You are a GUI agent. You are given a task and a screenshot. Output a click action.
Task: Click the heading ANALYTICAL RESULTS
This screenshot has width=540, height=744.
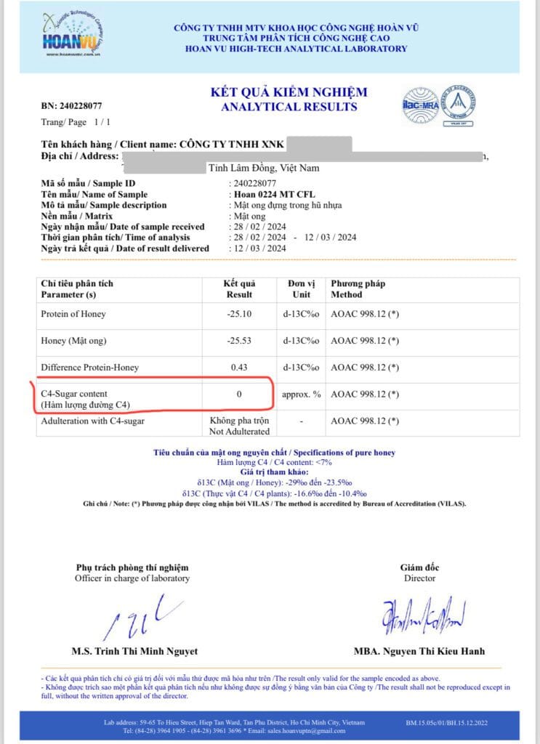tap(289, 107)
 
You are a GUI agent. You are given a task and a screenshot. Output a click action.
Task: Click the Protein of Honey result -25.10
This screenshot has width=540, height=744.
tap(239, 314)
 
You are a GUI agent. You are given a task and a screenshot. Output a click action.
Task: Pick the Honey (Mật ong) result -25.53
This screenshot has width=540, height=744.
tap(239, 341)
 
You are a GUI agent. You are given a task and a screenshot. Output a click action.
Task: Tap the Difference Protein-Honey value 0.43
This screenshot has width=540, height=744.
tap(239, 368)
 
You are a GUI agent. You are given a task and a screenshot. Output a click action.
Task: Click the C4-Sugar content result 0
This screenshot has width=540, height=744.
tap(239, 395)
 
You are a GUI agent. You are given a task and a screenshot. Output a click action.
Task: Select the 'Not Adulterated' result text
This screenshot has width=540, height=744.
tap(239, 431)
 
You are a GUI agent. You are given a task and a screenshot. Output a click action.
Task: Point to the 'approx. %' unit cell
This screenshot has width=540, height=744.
tap(302, 395)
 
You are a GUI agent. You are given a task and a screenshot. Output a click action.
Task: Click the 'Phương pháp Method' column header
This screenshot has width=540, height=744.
tap(358, 288)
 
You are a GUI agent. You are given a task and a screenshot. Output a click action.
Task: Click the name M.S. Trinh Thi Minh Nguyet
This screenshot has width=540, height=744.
tap(134, 651)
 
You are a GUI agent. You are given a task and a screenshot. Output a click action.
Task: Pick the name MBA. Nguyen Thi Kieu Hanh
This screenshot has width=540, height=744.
tap(419, 651)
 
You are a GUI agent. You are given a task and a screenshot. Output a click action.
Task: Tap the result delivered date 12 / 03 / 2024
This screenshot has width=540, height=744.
tap(258, 248)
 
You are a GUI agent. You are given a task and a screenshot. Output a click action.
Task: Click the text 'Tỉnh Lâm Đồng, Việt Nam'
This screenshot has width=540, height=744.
tap(264, 168)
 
